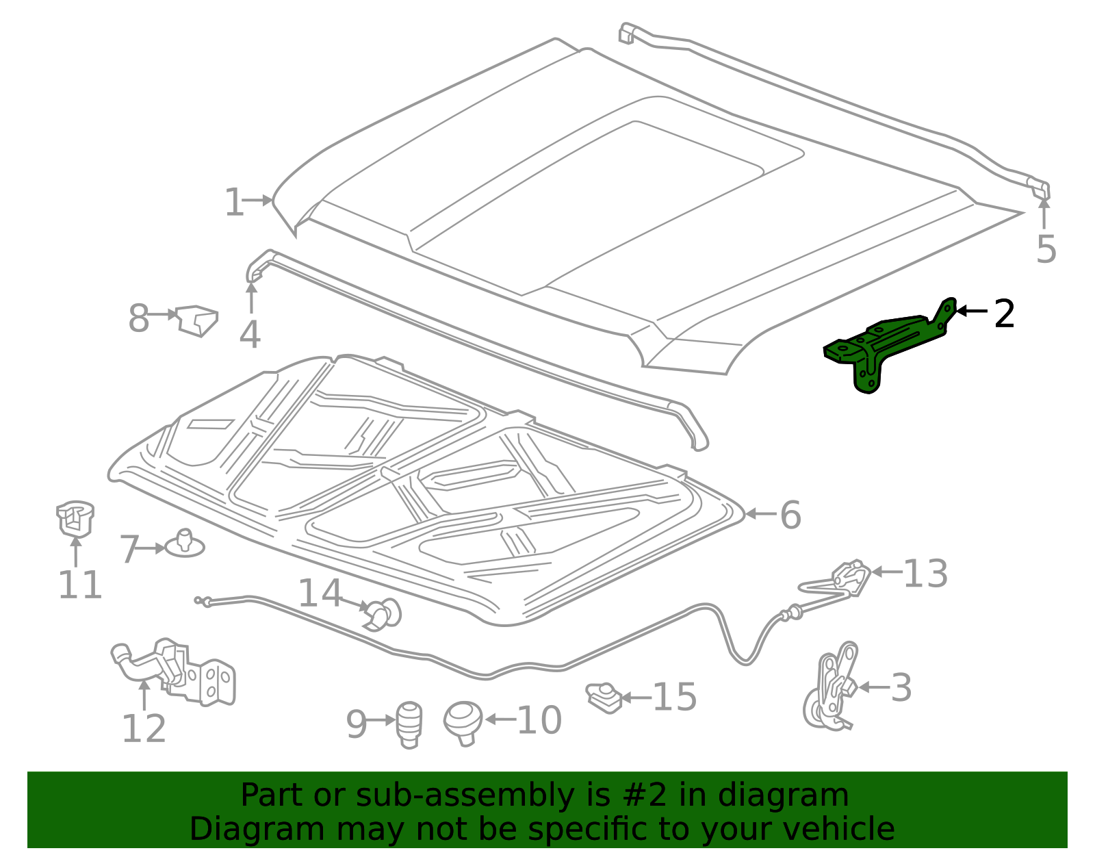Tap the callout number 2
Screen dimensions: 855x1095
tap(1004, 314)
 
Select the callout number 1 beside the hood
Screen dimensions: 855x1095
tap(234, 203)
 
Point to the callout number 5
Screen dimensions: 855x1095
tap(1046, 248)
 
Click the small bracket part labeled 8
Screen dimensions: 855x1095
tap(198, 320)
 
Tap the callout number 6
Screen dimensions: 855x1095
tap(790, 515)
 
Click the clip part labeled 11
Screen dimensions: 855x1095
tap(75, 518)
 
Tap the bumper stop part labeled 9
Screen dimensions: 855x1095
tap(409, 724)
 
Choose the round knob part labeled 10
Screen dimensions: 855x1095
tap(463, 722)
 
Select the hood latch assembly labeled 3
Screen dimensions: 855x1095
tap(832, 687)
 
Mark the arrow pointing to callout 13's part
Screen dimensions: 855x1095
tap(886, 572)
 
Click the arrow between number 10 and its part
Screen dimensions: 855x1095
tap(500, 719)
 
